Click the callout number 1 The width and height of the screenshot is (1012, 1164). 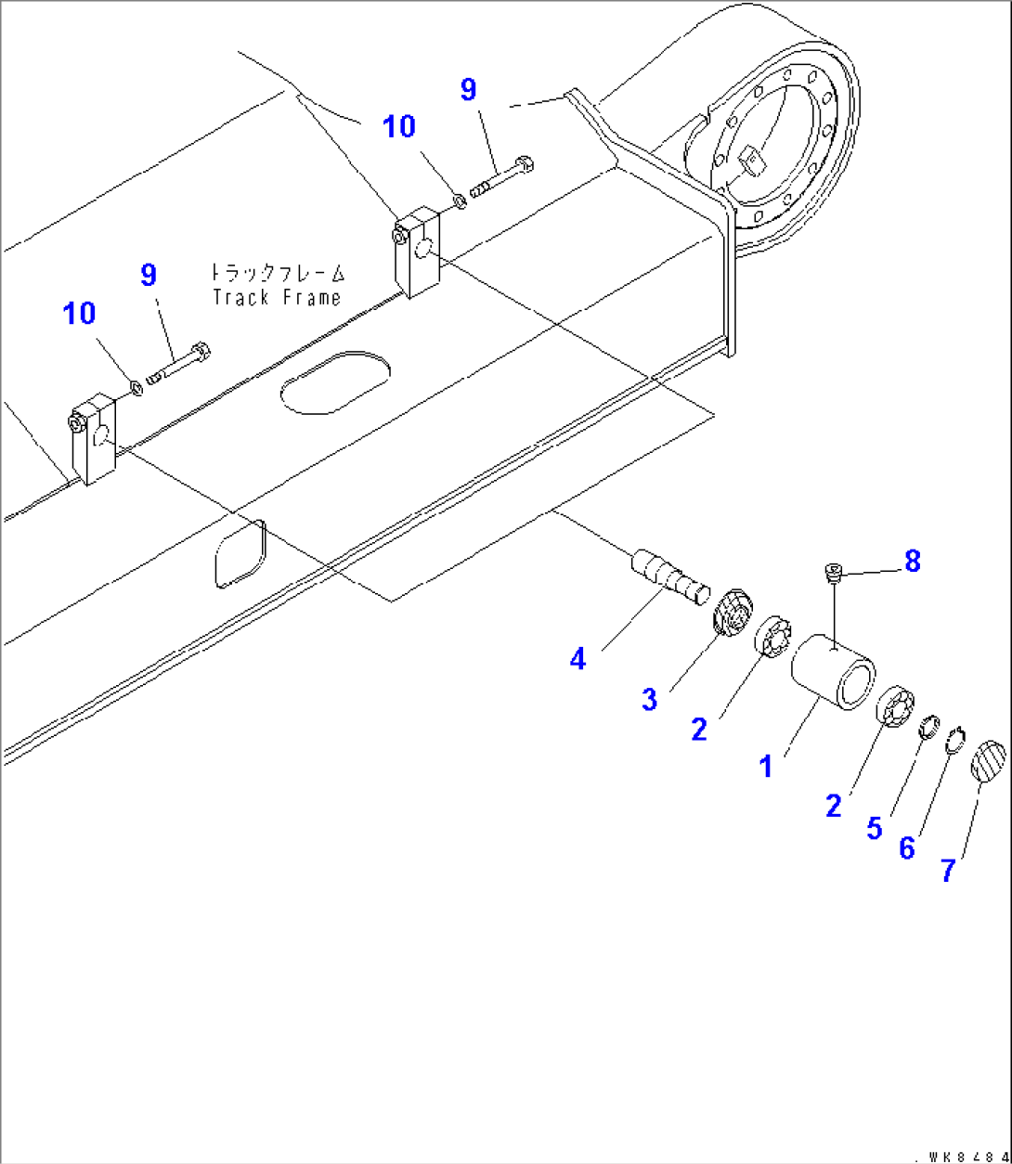766,767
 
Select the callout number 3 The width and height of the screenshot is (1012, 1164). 649,699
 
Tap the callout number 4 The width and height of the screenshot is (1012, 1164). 578,659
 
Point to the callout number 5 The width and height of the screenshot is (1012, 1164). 874,827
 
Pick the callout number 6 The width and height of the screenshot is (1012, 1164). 907,847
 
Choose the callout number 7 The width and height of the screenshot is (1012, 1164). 948,870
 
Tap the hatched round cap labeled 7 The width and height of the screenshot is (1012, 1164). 987,761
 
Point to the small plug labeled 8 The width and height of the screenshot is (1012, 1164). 833,574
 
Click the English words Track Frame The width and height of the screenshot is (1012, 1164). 277,297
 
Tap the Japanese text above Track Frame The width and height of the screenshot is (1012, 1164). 277,273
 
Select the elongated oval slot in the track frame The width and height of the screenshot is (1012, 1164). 335,382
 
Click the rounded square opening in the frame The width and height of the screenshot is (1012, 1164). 240,553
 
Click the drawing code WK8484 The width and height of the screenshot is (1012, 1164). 961,1156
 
